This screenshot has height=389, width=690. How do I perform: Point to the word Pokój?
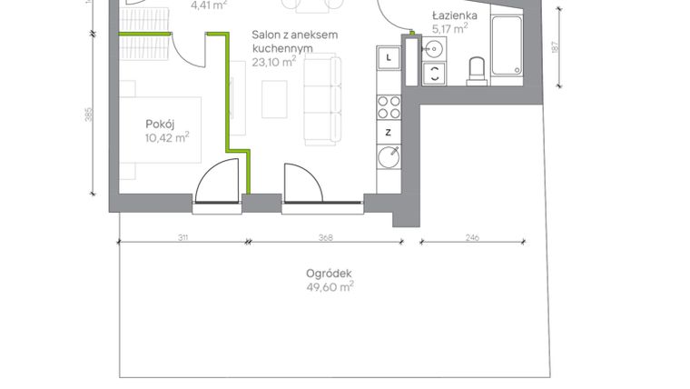(160, 124)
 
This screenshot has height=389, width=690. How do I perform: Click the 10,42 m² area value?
(166, 138)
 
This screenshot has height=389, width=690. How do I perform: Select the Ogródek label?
(329, 272)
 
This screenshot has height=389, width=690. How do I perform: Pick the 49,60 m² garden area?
(330, 286)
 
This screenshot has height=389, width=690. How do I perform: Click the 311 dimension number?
(182, 238)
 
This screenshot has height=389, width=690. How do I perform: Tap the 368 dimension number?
(326, 238)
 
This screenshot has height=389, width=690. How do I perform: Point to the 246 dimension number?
(471, 238)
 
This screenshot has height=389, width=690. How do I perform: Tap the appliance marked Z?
(389, 133)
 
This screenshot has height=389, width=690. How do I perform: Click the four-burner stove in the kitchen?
(389, 107)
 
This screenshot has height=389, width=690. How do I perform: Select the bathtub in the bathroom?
(507, 45)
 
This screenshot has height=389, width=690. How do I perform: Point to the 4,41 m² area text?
(208, 4)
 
